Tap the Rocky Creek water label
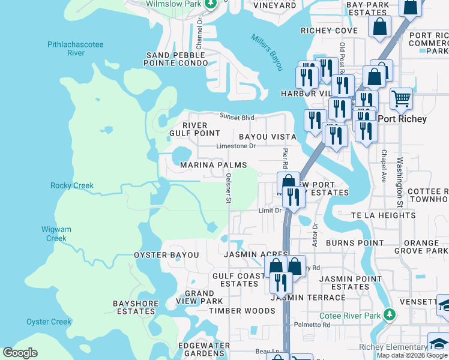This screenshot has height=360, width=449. click(x=72, y=185)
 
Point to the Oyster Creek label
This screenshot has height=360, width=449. click(x=49, y=322)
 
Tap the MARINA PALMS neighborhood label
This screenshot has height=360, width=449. click(x=213, y=165)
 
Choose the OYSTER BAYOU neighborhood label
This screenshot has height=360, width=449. click(x=166, y=255)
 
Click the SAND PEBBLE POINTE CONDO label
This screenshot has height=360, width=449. click(x=176, y=59)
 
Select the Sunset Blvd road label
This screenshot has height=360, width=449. click(x=237, y=118)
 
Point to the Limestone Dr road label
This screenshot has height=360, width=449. click(x=236, y=146)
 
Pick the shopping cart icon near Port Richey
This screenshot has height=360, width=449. click(x=401, y=98)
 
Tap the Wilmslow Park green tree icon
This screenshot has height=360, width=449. click(x=210, y=4)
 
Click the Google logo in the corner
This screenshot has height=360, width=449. click(x=20, y=353)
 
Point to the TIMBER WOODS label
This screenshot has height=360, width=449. click(x=242, y=311)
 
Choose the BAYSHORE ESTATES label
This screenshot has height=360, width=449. click(x=134, y=308)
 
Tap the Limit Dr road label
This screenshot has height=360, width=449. click(x=270, y=211)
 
